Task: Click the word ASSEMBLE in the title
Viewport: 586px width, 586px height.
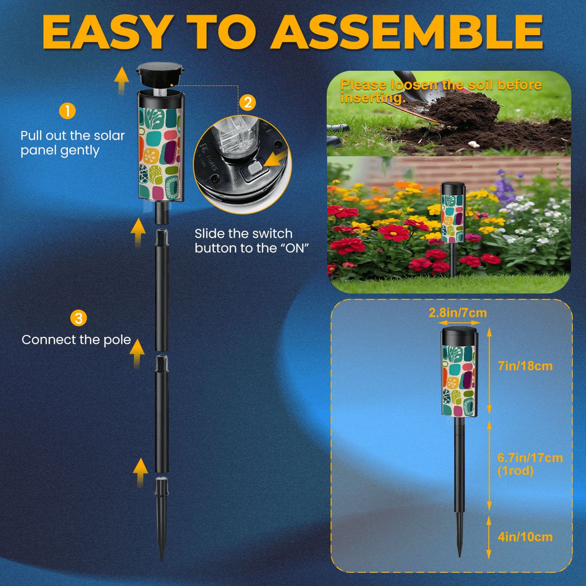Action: [407, 33]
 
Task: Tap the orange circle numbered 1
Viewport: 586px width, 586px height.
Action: [67, 111]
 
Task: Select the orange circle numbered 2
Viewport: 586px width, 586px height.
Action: [248, 103]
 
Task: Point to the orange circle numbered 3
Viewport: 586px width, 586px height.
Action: [79, 318]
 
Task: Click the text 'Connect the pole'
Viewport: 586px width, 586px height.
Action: [76, 340]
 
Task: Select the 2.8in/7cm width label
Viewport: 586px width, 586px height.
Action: [458, 313]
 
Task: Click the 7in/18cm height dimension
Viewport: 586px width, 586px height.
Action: [525, 366]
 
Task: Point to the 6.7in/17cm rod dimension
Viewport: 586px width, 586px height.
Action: [530, 458]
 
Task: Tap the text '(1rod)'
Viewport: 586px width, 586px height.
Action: [516, 471]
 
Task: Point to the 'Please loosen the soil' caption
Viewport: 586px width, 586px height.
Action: [441, 91]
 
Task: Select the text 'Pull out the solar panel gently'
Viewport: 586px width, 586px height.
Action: [72, 143]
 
